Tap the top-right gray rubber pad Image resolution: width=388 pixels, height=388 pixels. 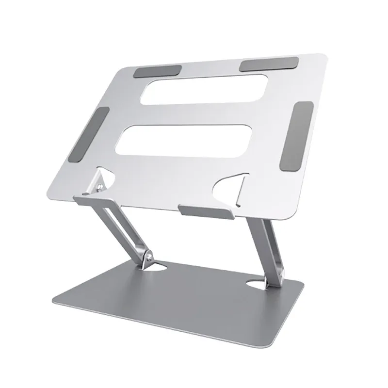pyautogui.click(x=269, y=64)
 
